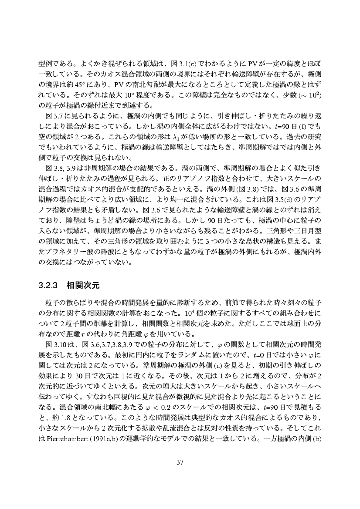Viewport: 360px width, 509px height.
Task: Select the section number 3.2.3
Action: point(49,286)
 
